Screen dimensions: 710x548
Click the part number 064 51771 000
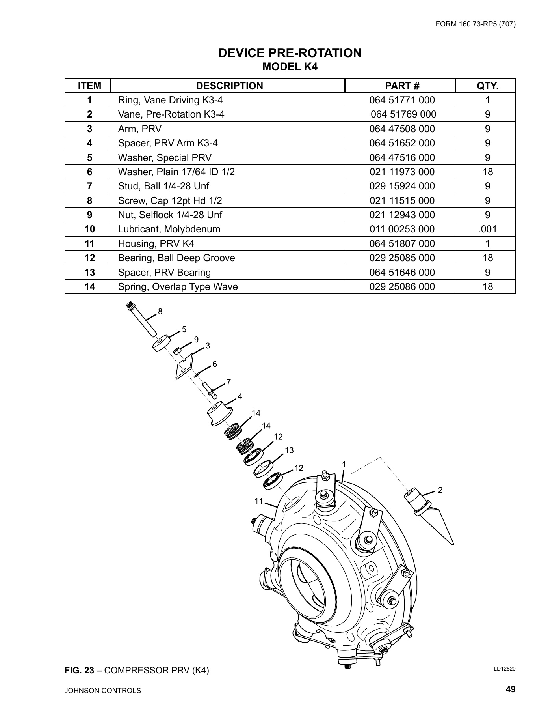402,100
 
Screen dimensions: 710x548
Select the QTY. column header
487,86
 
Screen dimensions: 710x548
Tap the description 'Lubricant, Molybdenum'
169,229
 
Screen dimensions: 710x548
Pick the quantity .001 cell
487,229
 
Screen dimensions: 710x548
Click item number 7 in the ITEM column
89,186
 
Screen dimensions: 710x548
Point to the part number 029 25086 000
402,287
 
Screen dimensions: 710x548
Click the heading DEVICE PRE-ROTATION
290,53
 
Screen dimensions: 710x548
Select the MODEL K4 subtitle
290,67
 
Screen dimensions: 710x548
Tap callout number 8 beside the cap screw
160,311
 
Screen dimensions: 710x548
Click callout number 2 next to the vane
440,490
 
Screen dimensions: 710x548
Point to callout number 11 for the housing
258,501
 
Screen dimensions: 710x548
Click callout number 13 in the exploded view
289,450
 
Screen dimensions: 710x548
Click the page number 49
511,689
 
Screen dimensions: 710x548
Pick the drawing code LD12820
505,669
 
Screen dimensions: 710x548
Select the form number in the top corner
476,24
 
